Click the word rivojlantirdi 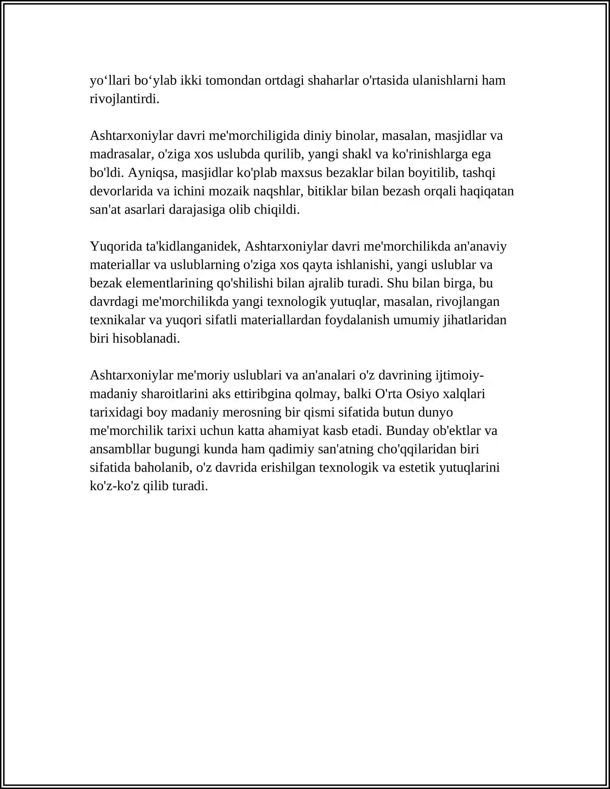[x=124, y=99]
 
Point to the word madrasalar [x=121, y=154]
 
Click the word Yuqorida [x=116, y=247]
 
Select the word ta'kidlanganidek [x=193, y=247]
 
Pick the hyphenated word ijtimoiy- [x=460, y=375]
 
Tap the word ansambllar [x=120, y=449]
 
